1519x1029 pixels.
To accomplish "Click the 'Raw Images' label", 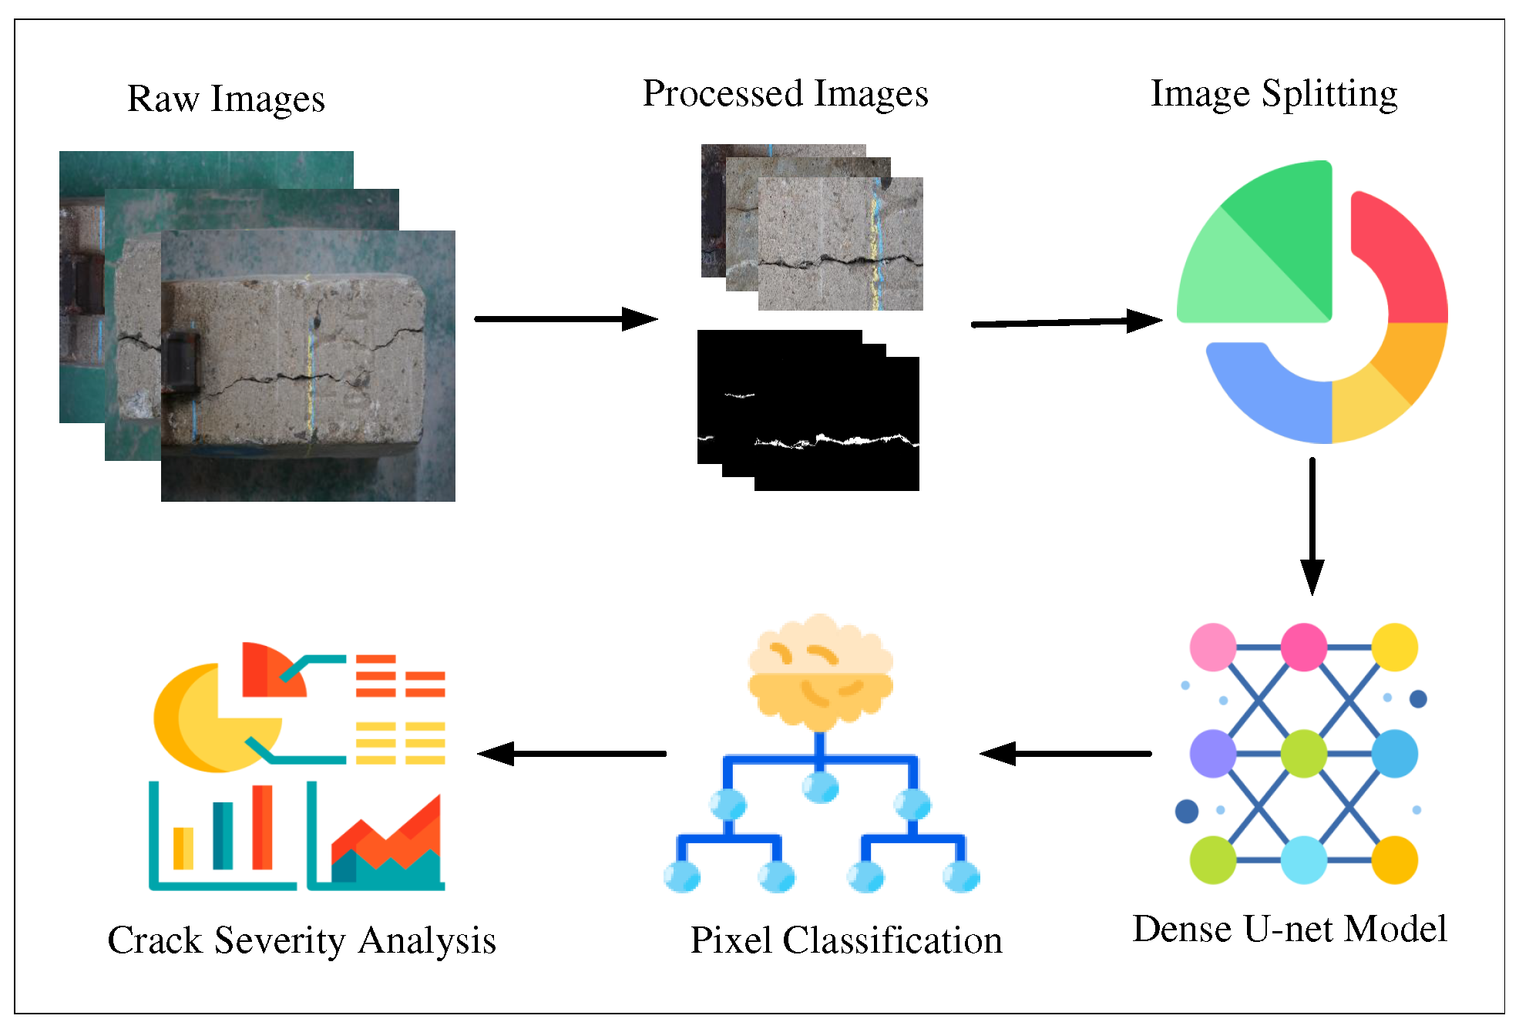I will coord(226,99).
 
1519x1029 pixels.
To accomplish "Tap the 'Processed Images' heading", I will coord(785,93).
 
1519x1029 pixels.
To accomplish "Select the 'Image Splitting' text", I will coord(1273,93).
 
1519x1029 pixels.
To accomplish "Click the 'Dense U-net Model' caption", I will coord(1289,928).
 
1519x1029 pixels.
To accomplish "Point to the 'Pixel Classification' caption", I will coord(845,940).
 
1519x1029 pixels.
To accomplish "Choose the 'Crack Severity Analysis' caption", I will coord(301,940).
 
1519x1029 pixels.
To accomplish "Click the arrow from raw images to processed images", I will coord(565,318).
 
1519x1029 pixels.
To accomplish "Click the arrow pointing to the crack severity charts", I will coord(571,753).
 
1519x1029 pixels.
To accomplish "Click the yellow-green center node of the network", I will coord(1303,753).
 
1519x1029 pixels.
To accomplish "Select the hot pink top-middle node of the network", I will coord(1303,647).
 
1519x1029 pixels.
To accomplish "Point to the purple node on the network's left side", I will coord(1212,753).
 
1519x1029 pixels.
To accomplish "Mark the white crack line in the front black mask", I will coord(848,441).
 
